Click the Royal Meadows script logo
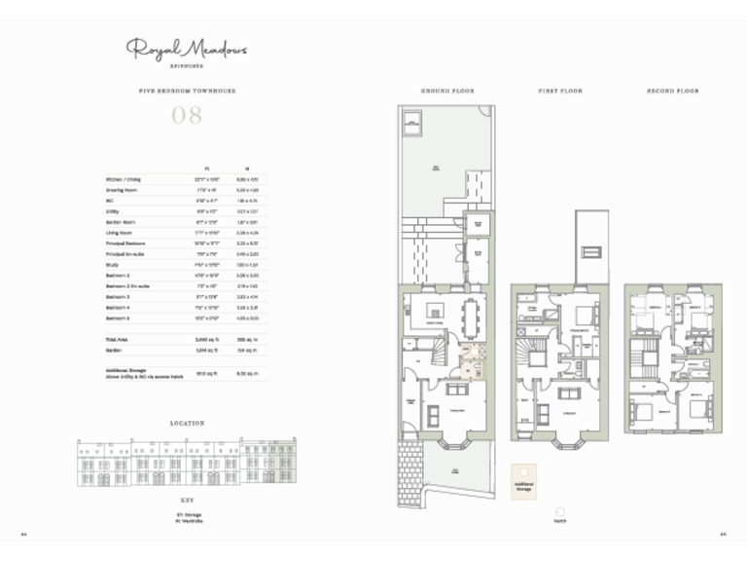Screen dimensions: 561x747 [186, 48]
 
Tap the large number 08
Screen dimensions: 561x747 [186, 116]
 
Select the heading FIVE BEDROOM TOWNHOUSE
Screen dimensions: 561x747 [186, 91]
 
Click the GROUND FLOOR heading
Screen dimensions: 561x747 [446, 91]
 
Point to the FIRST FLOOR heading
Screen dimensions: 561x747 [560, 91]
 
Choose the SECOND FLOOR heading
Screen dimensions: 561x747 [672, 91]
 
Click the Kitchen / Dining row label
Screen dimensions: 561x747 [124, 180]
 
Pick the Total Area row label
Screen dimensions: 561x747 [118, 340]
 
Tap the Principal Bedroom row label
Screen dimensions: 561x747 [125, 243]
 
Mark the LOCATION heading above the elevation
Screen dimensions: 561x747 [186, 424]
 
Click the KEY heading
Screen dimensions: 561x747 [186, 496]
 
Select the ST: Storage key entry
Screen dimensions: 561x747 [187, 513]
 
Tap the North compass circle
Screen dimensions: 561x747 [559, 511]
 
